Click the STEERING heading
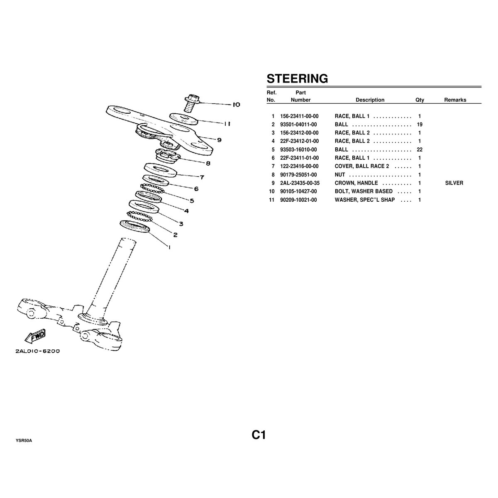[297, 78]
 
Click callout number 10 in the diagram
[236, 105]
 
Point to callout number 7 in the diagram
[202, 178]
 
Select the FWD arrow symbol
[36, 337]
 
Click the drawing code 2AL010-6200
[38, 351]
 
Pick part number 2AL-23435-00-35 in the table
[300, 183]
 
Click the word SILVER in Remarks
[454, 183]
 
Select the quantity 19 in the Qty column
[420, 124]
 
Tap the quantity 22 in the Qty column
[420, 149]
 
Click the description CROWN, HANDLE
[356, 183]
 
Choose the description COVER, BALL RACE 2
[362, 166]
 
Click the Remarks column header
[455, 100]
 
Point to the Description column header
[370, 100]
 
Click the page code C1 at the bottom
[258, 435]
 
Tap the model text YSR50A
[24, 440]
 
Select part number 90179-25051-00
[299, 175]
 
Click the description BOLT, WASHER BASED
[364, 191]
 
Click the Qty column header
[420, 100]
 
